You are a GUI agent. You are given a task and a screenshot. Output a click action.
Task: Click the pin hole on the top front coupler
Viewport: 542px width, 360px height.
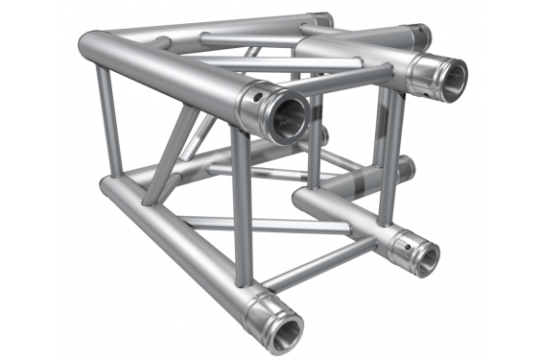pos(258,97)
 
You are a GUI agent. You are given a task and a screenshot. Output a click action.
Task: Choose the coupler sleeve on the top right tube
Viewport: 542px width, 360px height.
pos(422,67)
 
